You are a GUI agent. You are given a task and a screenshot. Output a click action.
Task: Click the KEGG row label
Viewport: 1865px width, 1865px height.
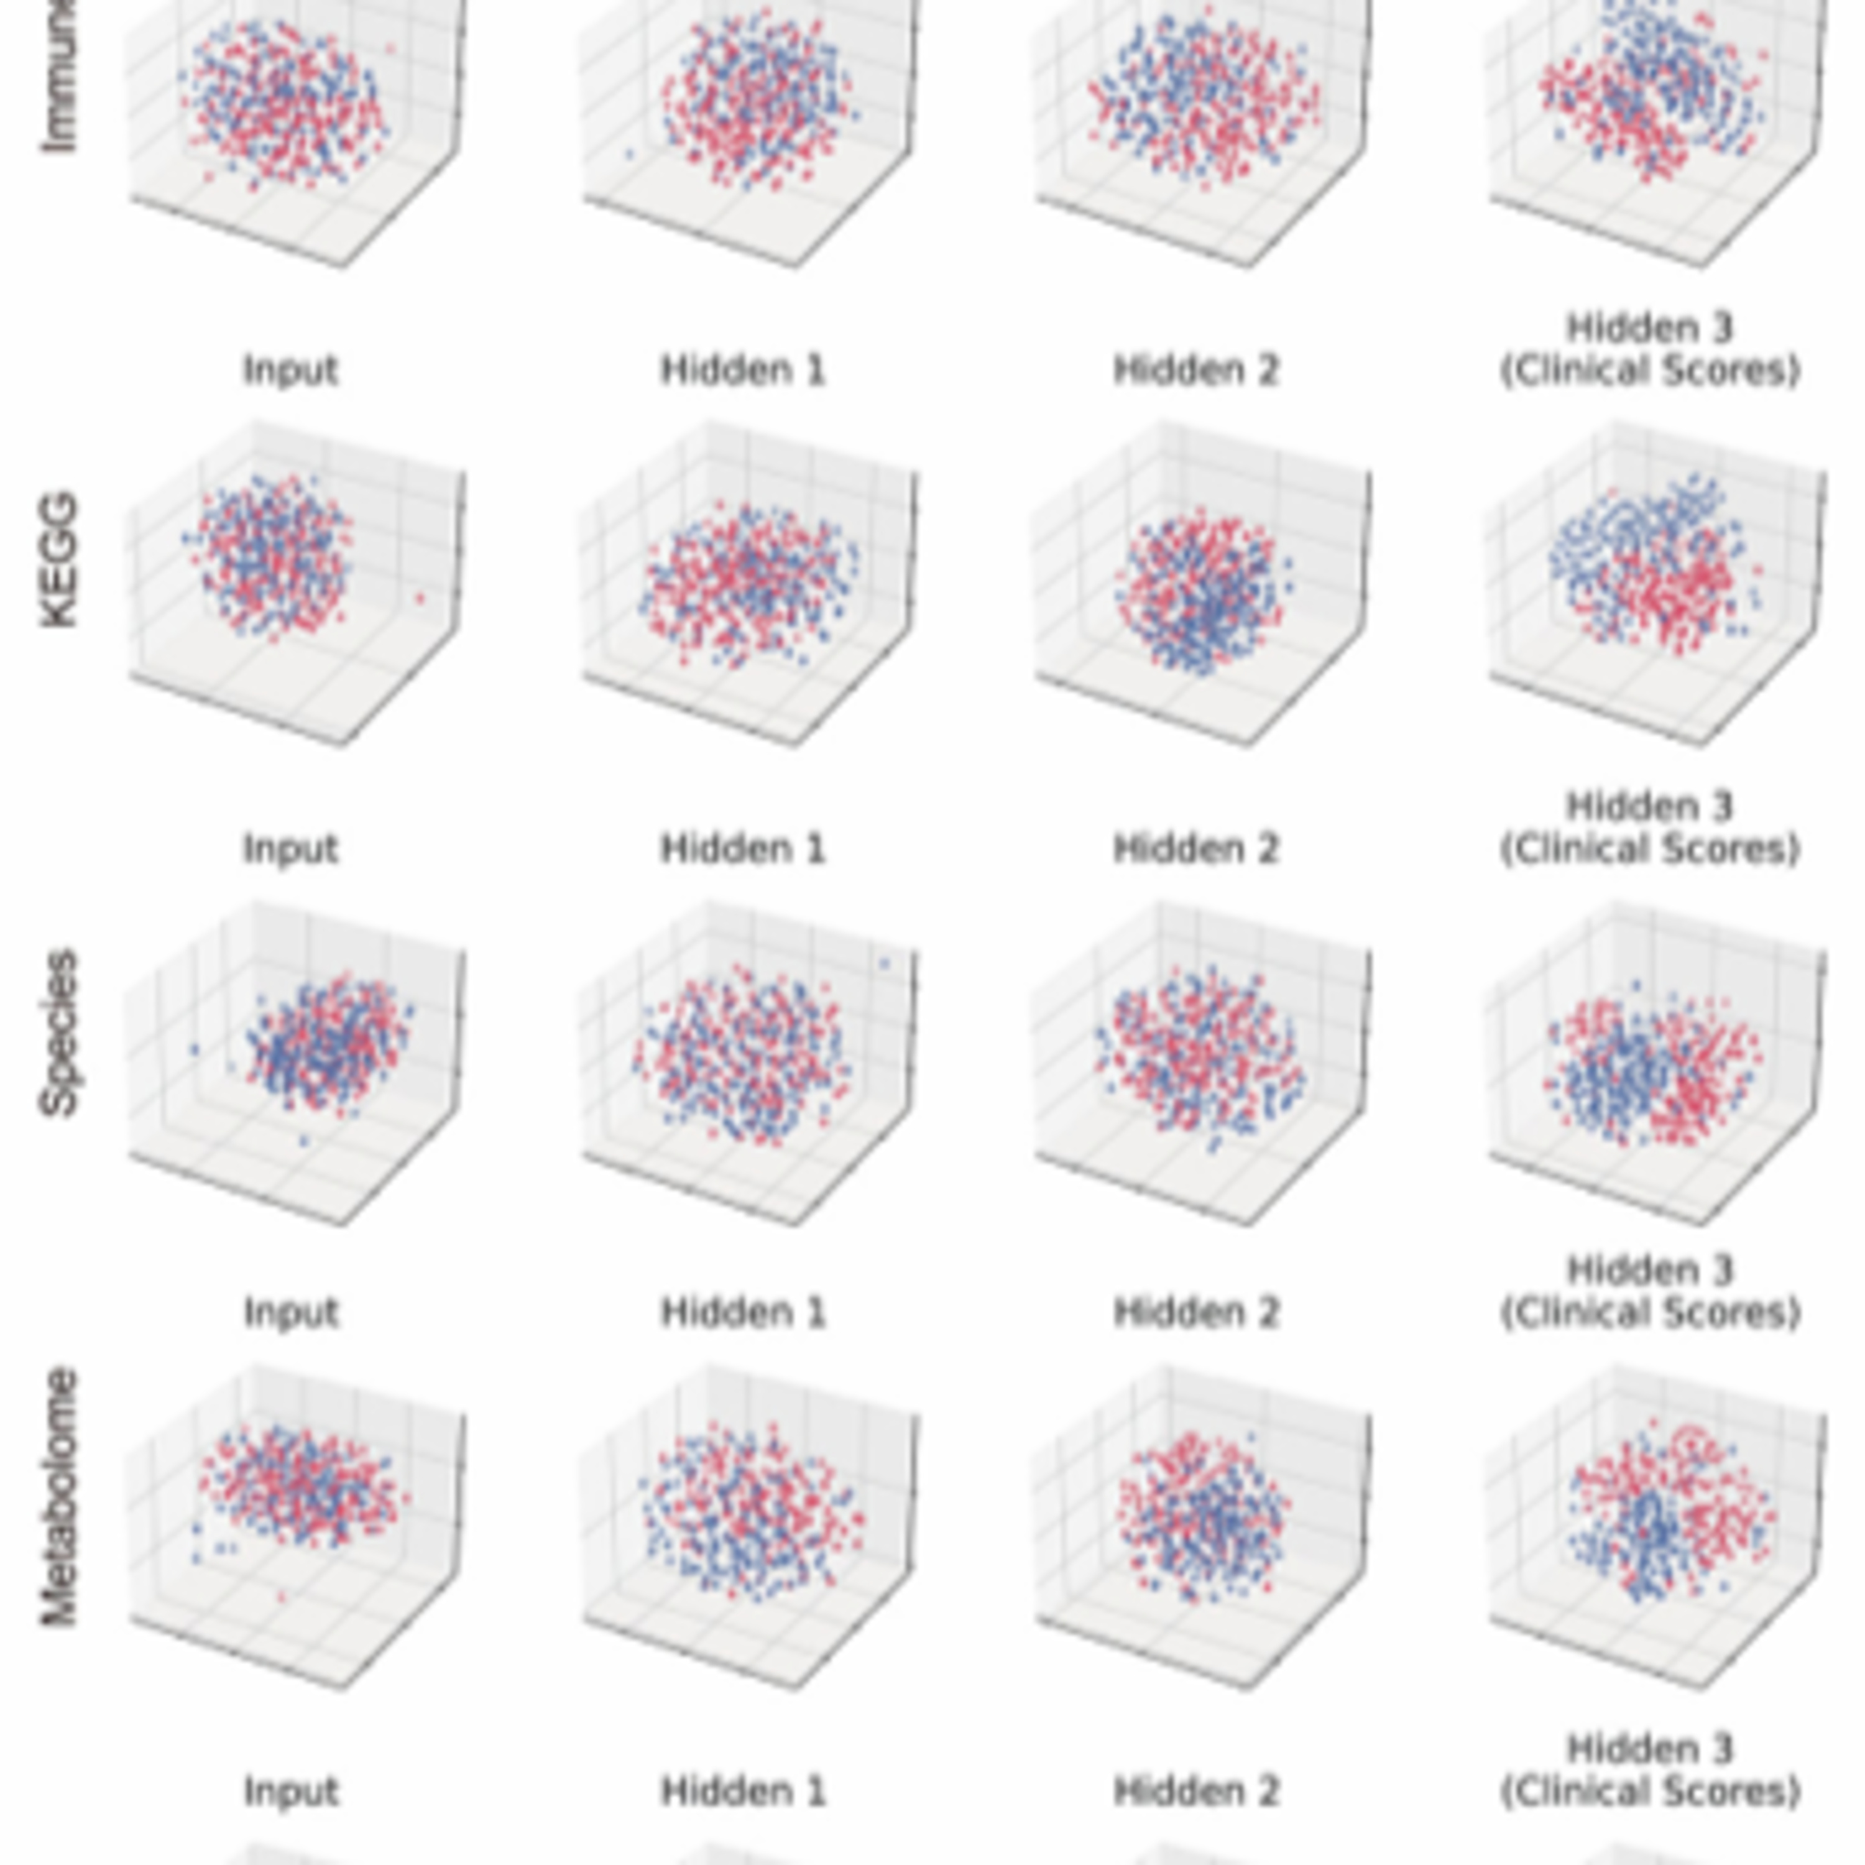[x=59, y=560]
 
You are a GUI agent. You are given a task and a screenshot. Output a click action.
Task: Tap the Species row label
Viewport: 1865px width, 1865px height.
[x=59, y=1033]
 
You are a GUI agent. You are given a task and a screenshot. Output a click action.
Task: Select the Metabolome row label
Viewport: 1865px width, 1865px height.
[x=59, y=1496]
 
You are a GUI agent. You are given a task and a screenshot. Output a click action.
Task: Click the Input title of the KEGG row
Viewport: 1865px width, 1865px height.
[x=290, y=370]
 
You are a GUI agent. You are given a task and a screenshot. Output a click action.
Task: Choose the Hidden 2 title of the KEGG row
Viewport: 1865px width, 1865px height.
[x=1196, y=370]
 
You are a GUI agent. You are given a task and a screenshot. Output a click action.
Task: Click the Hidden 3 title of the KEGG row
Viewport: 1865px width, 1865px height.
[x=1650, y=349]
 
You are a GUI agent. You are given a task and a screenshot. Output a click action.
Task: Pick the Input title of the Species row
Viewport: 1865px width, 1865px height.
[x=290, y=849]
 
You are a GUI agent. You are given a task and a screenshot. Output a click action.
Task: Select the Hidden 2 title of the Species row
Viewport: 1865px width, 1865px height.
[x=1196, y=849]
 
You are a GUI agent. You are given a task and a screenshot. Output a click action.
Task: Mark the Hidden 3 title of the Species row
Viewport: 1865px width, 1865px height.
[x=1650, y=828]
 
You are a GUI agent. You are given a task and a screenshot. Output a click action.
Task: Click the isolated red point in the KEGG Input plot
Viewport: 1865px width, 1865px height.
[x=420, y=599]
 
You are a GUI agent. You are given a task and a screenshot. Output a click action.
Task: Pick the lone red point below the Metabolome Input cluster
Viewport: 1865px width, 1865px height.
[x=282, y=1598]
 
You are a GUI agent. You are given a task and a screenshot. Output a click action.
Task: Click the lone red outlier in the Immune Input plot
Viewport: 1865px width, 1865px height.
[x=390, y=47]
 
